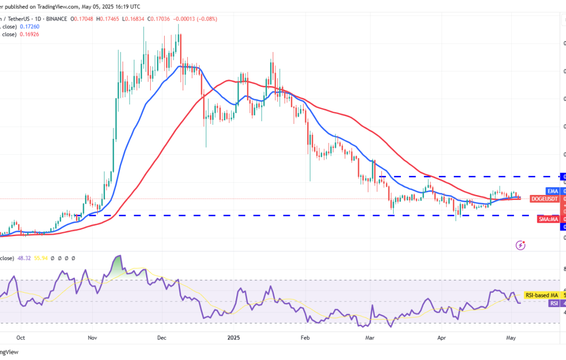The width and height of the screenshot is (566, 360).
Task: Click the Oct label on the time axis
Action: pyautogui.click(x=21, y=338)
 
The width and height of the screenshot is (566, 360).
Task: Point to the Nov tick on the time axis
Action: pyautogui.click(x=92, y=338)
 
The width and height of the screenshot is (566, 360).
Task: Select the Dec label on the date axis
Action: pyautogui.click(x=161, y=338)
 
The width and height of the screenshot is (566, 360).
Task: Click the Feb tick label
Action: pyautogui.click(x=305, y=338)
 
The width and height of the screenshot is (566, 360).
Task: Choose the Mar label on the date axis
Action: pyautogui.click(x=370, y=338)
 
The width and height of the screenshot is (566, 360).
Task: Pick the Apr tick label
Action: pyautogui.click(x=441, y=338)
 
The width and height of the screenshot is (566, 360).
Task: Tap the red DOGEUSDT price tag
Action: pyautogui.click(x=544, y=199)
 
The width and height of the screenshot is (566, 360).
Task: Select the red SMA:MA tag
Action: pyautogui.click(x=548, y=219)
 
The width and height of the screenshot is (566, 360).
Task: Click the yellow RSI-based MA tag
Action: pyautogui.click(x=542, y=295)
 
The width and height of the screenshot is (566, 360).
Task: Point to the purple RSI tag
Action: pyautogui.click(x=554, y=303)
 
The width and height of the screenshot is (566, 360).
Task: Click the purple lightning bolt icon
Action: pyautogui.click(x=521, y=245)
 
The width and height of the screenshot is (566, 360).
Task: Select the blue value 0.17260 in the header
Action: pyautogui.click(x=29, y=26)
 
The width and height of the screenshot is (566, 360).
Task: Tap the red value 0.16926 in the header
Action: pyautogui.click(x=29, y=34)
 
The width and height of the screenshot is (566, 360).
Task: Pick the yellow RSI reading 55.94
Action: pyautogui.click(x=41, y=258)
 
